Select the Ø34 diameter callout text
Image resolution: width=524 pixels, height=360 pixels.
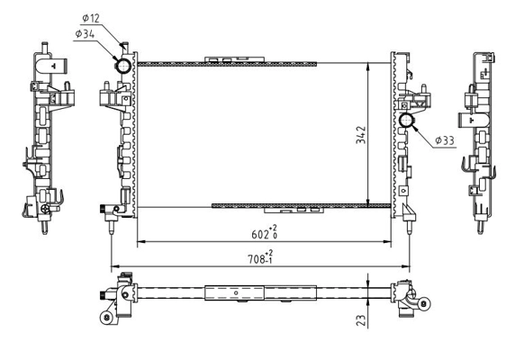[88, 34]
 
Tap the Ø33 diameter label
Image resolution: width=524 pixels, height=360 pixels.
[445, 140]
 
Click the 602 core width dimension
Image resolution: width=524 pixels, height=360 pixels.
[262, 231]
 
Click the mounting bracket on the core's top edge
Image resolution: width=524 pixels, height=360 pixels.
[235, 60]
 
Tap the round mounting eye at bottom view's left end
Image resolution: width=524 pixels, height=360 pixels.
[107, 317]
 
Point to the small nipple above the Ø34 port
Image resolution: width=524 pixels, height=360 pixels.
[124, 47]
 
